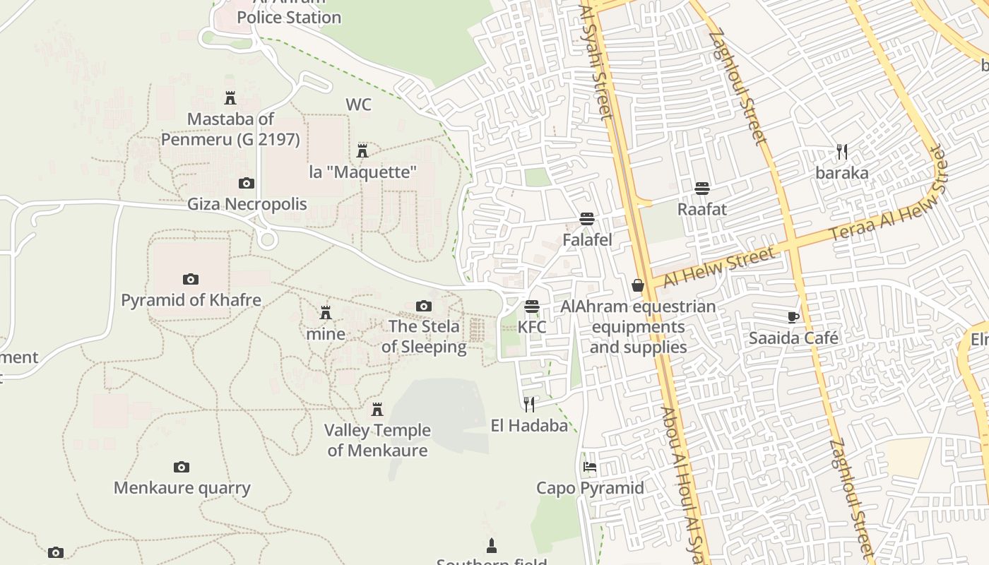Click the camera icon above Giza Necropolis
click(246, 184)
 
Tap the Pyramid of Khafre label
click(191, 299)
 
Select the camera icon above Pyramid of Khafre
click(190, 279)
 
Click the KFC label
click(532, 327)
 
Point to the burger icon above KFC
click(532, 307)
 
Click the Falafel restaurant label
click(587, 240)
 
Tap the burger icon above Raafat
click(701, 189)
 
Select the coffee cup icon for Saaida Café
click(793, 317)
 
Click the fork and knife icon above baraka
click(841, 152)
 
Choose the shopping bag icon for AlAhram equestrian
click(638, 285)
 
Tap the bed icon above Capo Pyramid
click(590, 467)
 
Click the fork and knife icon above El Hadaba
click(529, 405)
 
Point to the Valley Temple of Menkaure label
click(377, 440)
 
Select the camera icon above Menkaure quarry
click(182, 467)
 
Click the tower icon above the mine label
click(326, 312)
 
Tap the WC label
click(358, 105)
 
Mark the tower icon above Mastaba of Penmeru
click(230, 98)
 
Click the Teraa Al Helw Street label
click(887, 196)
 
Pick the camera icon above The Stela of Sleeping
click(424, 306)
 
